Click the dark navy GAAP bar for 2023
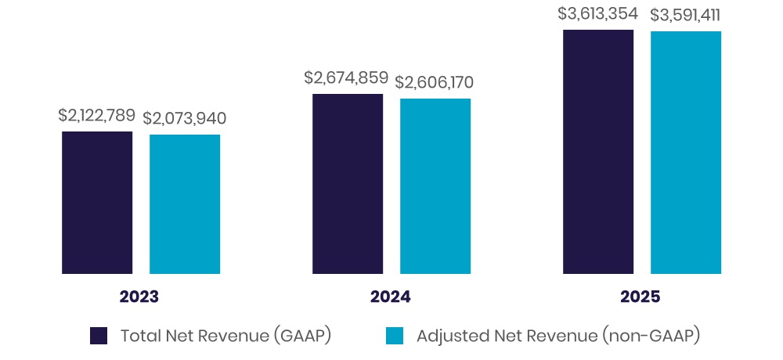[97, 203]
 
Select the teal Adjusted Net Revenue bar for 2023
[185, 204]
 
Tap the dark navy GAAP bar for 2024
[348, 184]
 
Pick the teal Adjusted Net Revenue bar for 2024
[435, 186]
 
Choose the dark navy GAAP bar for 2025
[598, 152]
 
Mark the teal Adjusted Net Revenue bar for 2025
[686, 153]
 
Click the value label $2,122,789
[96, 115]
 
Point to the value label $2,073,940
[185, 119]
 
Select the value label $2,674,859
[346, 77]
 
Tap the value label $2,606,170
[435, 82]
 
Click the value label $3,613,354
[598, 13]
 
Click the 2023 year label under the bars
[139, 297]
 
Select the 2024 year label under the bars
[390, 297]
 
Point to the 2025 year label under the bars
[640, 297]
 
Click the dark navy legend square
[99, 336]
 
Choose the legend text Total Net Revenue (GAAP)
[226, 336]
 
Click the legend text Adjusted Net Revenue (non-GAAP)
[557, 336]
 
